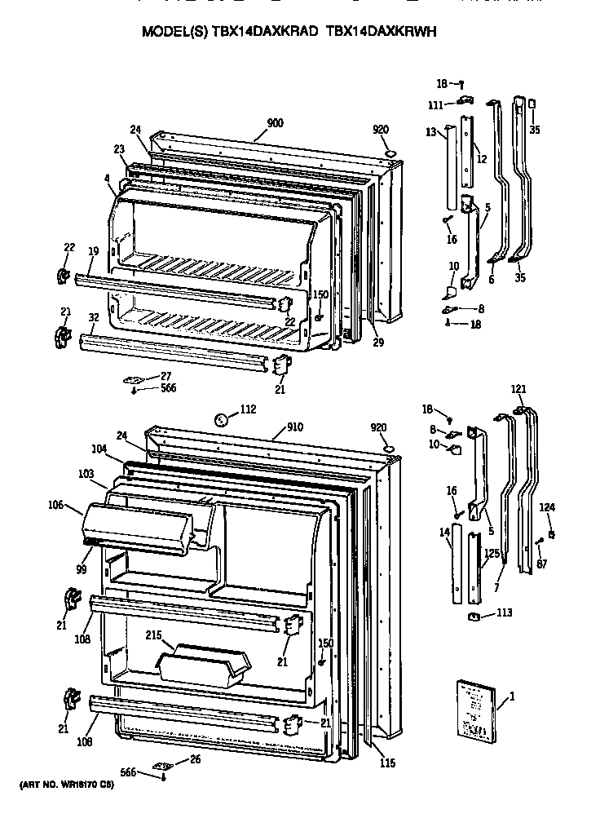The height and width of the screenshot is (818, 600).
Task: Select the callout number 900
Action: [x=275, y=123]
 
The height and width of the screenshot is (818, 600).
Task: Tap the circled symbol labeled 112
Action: [x=221, y=420]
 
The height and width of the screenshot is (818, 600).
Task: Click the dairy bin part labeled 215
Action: [x=204, y=662]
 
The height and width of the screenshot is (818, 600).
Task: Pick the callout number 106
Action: [x=55, y=506]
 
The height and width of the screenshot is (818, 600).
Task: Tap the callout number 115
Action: [x=387, y=763]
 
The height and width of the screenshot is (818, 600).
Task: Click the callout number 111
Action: [x=437, y=105]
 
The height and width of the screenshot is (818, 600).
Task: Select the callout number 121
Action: [x=519, y=388]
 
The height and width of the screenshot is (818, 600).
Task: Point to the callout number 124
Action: [x=548, y=507]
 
